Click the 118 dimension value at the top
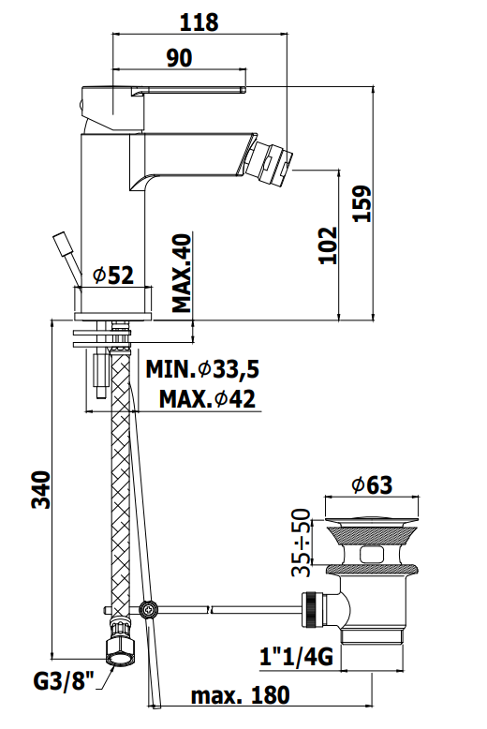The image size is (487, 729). tap(199, 22)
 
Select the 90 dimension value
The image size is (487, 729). tap(180, 58)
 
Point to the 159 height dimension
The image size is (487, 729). tap(363, 203)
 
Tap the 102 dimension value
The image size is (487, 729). tap(328, 245)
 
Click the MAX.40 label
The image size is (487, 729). tap(182, 273)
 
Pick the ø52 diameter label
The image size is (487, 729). tap(113, 275)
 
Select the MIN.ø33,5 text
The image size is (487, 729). tap(202, 369)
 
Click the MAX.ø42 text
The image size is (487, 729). tap(207, 399)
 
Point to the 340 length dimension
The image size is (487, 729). tap(41, 489)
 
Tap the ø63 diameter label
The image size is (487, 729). tap(372, 485)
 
